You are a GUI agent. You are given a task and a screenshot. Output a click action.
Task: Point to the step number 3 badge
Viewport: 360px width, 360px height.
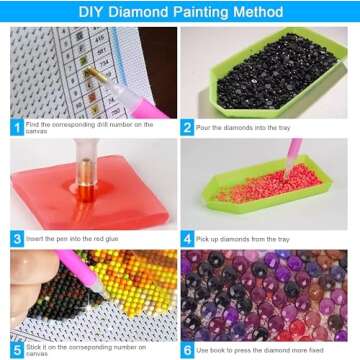click(17, 239)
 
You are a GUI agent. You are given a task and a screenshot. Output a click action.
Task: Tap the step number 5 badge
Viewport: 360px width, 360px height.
click(17, 349)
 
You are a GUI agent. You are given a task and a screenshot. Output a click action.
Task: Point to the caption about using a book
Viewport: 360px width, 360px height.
click(264, 349)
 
